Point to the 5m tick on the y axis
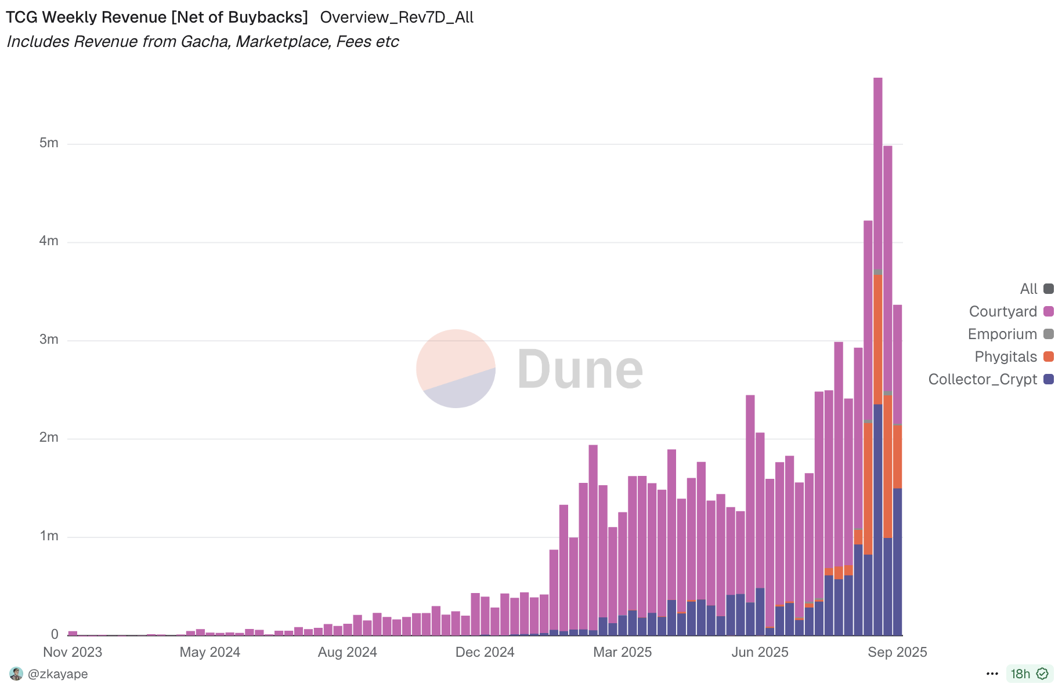click(x=49, y=143)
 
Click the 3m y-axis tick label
click(x=49, y=340)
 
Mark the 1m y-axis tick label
click(x=49, y=536)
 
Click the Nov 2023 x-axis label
click(x=73, y=652)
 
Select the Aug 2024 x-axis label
click(x=347, y=652)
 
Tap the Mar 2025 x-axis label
click(x=622, y=652)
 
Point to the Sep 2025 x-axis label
click(x=897, y=652)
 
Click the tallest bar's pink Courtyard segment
click(x=878, y=174)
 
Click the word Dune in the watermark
click(x=580, y=370)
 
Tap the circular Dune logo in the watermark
click(x=456, y=369)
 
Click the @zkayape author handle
click(x=57, y=674)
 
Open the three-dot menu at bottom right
click(x=992, y=674)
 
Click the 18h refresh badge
click(x=1030, y=674)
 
